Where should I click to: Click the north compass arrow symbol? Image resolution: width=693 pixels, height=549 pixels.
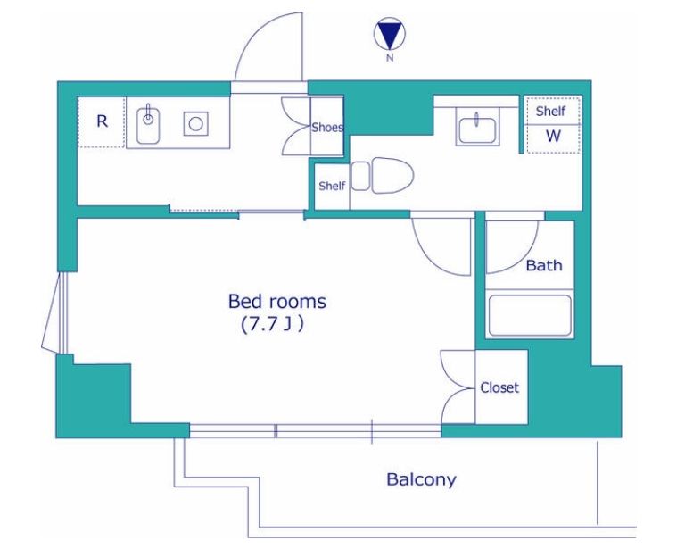pyautogui.click(x=390, y=36)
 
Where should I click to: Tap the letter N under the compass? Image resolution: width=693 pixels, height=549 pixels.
pyautogui.click(x=390, y=57)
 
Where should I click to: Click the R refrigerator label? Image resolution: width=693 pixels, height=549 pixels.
pyautogui.click(x=102, y=121)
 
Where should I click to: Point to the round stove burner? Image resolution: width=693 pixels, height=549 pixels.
pyautogui.click(x=196, y=123)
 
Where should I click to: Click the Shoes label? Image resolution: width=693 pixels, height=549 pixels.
pyautogui.click(x=327, y=128)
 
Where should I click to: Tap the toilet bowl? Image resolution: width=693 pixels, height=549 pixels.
pyautogui.click(x=392, y=175)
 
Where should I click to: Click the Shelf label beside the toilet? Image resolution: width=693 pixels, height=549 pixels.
pyautogui.click(x=332, y=186)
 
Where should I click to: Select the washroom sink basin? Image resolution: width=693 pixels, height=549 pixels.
pyautogui.click(x=477, y=129)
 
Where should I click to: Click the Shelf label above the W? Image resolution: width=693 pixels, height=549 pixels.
pyautogui.click(x=550, y=111)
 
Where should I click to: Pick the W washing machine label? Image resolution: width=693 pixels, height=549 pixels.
pyautogui.click(x=553, y=136)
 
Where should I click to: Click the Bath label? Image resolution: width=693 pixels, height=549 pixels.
pyautogui.click(x=544, y=265)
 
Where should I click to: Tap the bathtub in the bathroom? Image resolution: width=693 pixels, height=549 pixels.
pyautogui.click(x=530, y=316)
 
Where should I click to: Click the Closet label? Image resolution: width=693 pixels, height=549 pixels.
pyautogui.click(x=499, y=387)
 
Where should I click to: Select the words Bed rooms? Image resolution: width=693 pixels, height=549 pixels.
pyautogui.click(x=277, y=301)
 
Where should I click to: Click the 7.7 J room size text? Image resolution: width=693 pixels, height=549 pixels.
pyautogui.click(x=272, y=325)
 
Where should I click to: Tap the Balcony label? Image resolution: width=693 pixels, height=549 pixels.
pyautogui.click(x=421, y=479)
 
